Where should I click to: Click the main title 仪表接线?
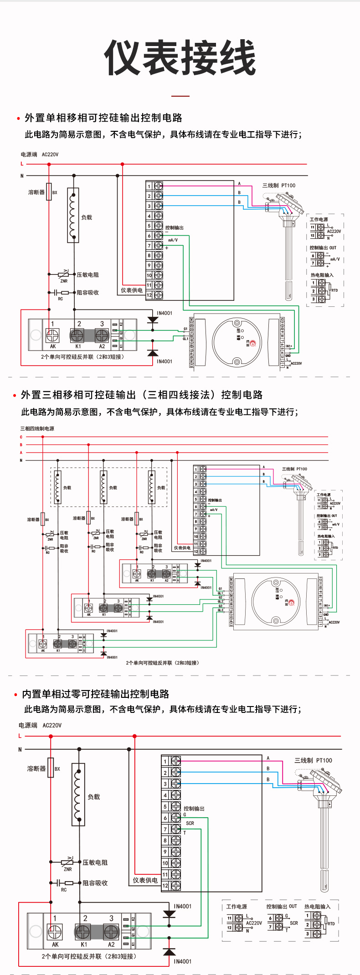[180, 57]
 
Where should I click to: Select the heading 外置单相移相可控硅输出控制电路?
[103, 118]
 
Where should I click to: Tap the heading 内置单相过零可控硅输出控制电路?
[96, 694]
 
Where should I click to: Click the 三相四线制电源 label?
[37, 428]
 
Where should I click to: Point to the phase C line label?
[21, 437]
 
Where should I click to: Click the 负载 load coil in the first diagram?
[73, 215]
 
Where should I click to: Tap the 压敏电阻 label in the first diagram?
[87, 275]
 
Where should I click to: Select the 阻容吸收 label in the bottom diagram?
[95, 883]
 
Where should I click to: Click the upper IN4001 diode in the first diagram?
[153, 320]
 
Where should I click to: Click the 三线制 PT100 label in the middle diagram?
[294, 469]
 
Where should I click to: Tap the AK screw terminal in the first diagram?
[53, 336]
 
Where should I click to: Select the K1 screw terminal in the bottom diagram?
[82, 931]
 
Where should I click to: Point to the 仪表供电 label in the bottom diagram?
[145, 880]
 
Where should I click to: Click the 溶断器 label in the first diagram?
[36, 192]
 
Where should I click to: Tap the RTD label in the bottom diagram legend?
[331, 923]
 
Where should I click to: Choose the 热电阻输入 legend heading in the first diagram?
[322, 275]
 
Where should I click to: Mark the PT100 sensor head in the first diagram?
[288, 207]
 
